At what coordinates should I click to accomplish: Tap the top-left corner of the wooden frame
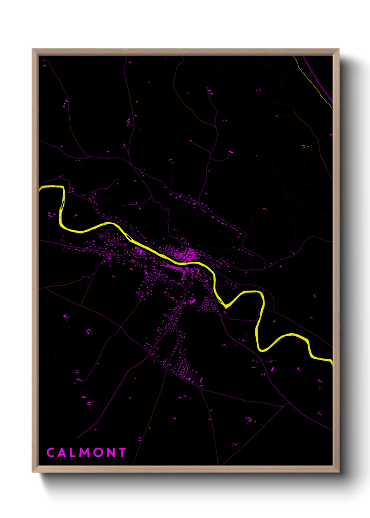tap(33, 49)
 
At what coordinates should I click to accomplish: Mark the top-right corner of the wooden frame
tap(339, 49)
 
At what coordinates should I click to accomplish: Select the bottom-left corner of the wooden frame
tap(33, 472)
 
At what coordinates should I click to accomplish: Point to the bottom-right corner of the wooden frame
tap(339, 472)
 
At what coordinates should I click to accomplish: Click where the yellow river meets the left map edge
tap(40, 189)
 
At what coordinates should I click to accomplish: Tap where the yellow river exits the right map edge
tap(332, 361)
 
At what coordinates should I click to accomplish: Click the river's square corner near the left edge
tap(63, 188)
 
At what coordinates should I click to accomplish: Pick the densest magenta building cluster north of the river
tap(189, 253)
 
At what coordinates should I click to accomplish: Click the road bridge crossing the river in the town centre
tap(185, 263)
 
